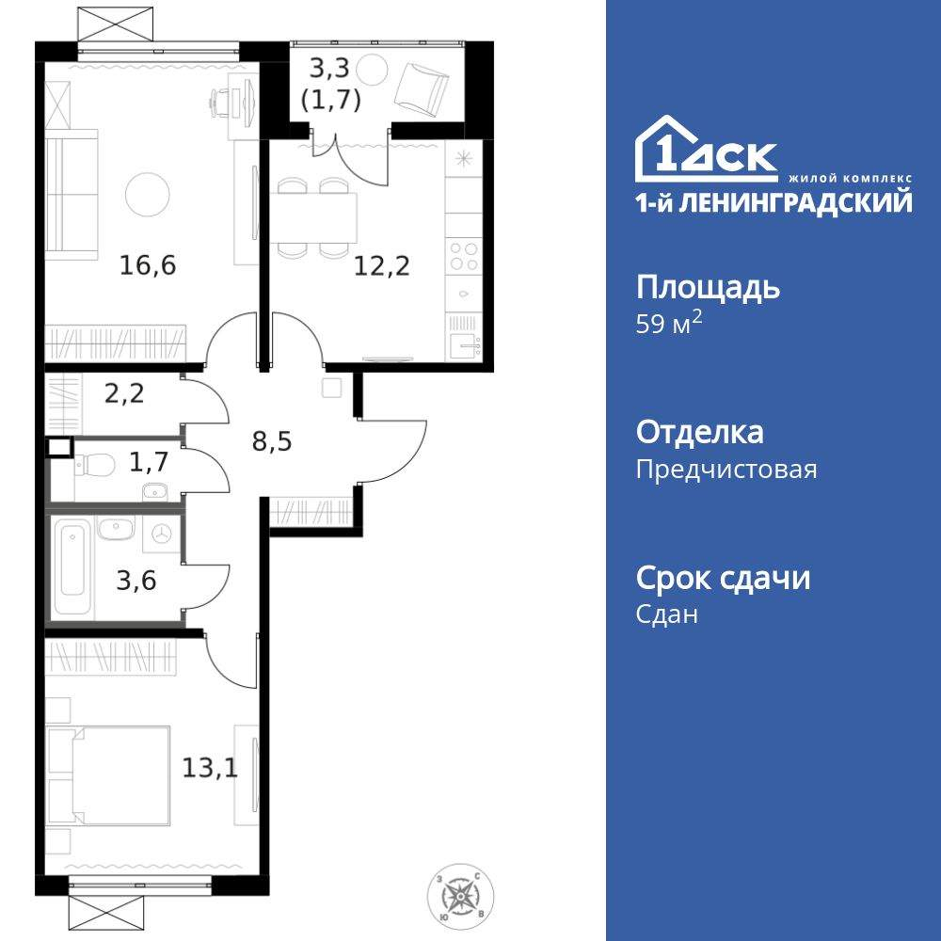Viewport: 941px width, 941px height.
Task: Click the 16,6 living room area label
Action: [148, 265]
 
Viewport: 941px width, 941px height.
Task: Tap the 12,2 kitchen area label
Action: [381, 265]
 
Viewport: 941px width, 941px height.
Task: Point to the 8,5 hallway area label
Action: [272, 439]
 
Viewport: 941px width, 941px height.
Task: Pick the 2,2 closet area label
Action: [124, 393]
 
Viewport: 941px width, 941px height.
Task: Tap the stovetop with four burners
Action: [462, 256]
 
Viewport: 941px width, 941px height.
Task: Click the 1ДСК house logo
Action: [706, 152]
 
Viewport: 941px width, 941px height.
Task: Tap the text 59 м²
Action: [670, 325]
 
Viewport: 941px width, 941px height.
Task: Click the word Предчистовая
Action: [726, 470]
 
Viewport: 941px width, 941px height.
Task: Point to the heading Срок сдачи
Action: [723, 578]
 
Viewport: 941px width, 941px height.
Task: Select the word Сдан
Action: [667, 614]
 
